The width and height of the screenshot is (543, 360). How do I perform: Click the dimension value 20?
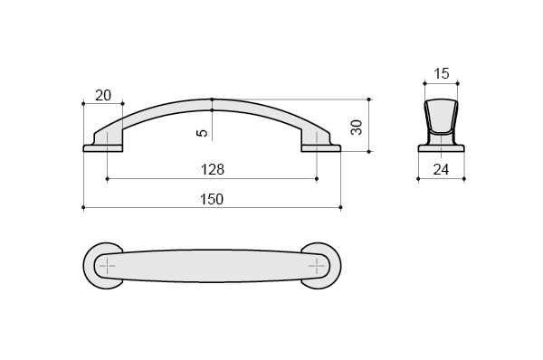[103, 95]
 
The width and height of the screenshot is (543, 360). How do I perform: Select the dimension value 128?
[213, 169]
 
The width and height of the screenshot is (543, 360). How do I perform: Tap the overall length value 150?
[212, 199]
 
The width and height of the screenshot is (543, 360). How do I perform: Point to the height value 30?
[357, 127]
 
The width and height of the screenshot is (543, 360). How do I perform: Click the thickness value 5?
[203, 133]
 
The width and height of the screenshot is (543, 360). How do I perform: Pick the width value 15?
[442, 73]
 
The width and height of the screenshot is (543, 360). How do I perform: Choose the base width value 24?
[442, 169]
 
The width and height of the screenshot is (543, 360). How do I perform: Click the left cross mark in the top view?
[108, 266]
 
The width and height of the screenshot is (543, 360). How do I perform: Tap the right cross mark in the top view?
[317, 266]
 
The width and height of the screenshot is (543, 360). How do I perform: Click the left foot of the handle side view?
[103, 148]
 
